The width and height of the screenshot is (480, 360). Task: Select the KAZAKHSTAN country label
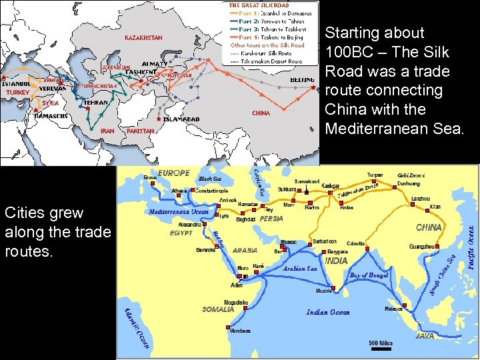143,38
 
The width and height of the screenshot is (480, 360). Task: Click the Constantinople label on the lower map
206,191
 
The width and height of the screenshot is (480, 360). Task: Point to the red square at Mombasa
229,326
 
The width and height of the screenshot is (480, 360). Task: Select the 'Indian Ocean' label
327,312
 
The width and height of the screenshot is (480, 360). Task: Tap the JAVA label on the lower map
425,336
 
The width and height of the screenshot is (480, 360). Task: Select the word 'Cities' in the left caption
24,213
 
